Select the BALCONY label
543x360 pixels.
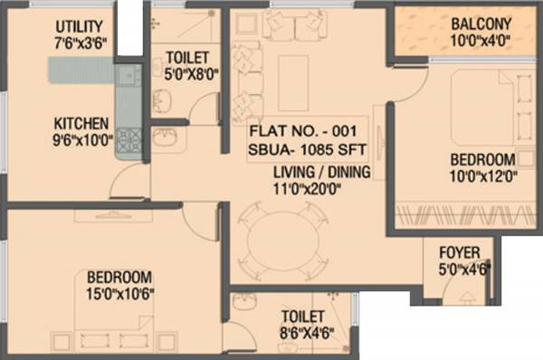(481, 24)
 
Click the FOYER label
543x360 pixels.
(458, 251)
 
